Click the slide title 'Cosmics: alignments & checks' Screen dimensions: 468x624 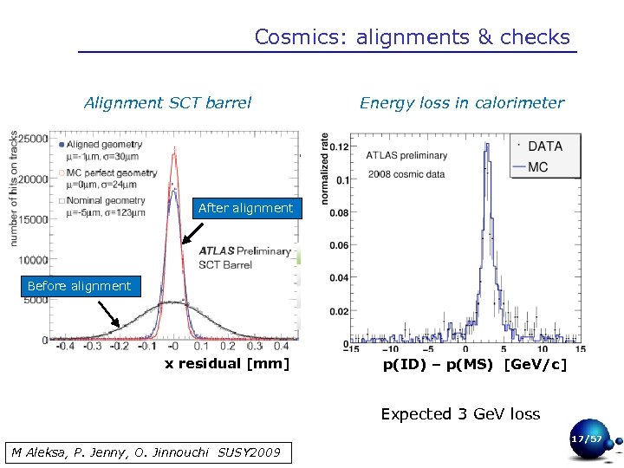tap(412, 37)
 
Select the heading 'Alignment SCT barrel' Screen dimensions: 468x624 tap(167, 103)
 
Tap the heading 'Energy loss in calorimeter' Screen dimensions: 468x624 tap(461, 103)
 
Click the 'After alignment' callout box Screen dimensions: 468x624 tap(245, 208)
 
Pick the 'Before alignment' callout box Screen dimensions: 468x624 tap(79, 286)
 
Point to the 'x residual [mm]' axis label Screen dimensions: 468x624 tap(226, 363)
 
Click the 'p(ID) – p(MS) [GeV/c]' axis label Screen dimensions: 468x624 tap(474, 365)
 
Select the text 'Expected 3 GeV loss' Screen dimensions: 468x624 tap(460, 414)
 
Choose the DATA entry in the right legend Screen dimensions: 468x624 tap(544, 146)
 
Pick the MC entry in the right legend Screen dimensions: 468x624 tap(537, 166)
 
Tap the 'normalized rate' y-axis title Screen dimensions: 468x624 tap(325, 169)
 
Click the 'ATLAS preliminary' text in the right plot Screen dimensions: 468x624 tap(406, 156)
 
